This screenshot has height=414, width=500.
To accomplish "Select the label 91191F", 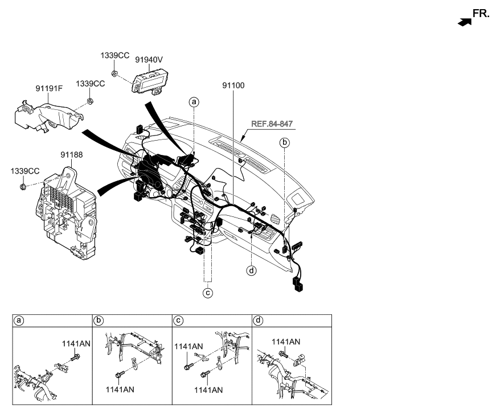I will point(50,88).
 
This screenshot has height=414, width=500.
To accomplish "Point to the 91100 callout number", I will point(233,86).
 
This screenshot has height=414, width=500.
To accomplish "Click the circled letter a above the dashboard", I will point(195,102).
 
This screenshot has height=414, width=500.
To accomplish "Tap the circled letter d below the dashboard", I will point(252,270).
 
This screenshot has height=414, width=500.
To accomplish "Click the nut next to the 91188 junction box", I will point(22,186).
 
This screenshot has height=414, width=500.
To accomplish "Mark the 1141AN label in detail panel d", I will point(285,342).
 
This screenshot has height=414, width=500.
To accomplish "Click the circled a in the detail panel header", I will point(19,321).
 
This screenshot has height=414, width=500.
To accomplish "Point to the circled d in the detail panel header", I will point(259,321).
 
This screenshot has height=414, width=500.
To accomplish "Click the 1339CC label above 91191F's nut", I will point(91,84).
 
